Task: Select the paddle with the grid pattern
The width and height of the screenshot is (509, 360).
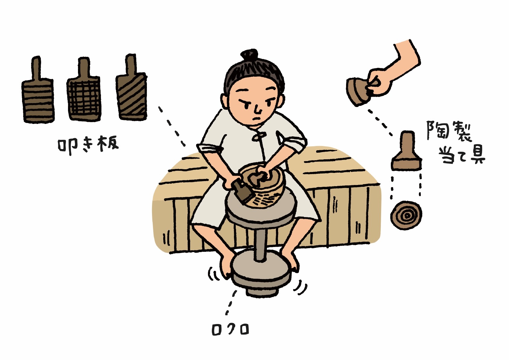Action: (x=84, y=97)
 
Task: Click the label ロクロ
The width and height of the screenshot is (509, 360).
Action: (x=230, y=329)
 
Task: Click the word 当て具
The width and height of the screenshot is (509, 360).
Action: (x=462, y=155)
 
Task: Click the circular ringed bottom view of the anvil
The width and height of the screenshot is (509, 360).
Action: (x=406, y=215)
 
